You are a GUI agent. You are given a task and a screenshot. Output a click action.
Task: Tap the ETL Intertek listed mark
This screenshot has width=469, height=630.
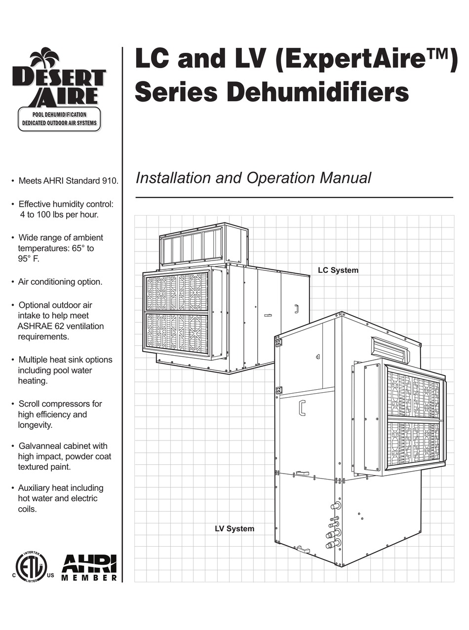click(31, 567)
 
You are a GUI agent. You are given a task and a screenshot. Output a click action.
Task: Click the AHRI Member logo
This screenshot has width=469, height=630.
click(89, 567)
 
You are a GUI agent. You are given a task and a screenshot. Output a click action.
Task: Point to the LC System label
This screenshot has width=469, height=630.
click(338, 270)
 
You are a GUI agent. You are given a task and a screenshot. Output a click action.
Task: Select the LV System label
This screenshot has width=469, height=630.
click(234, 529)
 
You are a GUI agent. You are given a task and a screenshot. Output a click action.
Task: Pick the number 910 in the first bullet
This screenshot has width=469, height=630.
click(109, 181)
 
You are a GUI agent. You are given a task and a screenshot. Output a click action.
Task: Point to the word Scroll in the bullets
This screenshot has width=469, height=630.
click(30, 404)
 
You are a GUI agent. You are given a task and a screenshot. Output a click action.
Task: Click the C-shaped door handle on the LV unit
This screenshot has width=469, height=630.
click(302, 408)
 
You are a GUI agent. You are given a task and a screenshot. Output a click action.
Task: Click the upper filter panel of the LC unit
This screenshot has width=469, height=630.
click(176, 292)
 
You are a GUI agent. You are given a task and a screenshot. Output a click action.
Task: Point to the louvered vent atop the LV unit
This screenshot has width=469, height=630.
click(390, 349)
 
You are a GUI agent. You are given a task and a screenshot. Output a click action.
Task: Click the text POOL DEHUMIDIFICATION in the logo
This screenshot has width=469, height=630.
click(59, 114)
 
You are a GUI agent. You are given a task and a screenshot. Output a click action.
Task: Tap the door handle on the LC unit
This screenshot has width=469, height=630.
click(296, 309)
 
